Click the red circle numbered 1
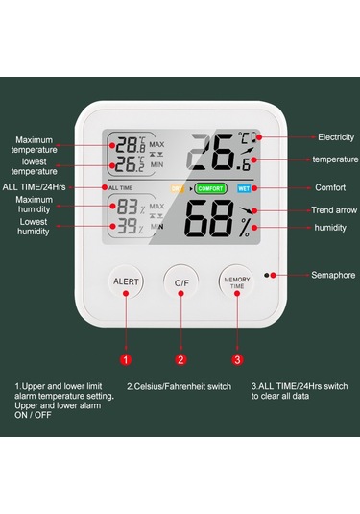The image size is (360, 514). [x=125, y=360]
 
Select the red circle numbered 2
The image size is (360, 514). [x=180, y=360]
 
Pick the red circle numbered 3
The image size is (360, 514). [x=237, y=360]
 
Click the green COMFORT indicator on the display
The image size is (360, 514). [x=210, y=188]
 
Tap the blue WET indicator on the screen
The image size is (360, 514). [x=244, y=188]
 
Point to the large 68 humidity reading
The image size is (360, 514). [x=210, y=226]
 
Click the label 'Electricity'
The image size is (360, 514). [x=336, y=137]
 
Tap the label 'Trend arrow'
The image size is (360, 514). [x=335, y=209]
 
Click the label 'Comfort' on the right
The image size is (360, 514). [x=330, y=187]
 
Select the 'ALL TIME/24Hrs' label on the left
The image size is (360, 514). [x=35, y=186]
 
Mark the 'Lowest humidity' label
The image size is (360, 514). [x=34, y=227]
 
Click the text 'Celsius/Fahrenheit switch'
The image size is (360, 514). [x=180, y=386]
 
